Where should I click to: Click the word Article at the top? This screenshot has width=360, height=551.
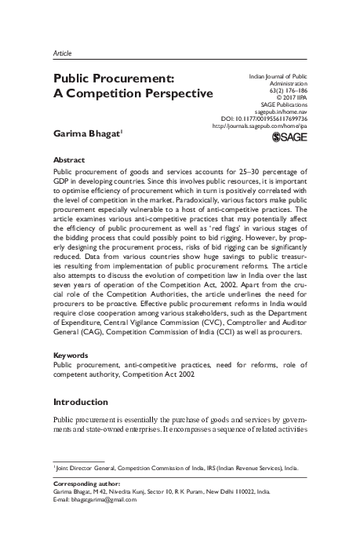pos(62,52)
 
